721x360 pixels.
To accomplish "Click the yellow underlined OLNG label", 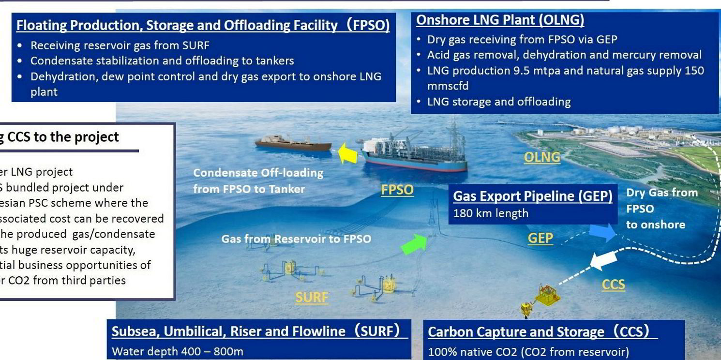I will click(x=542, y=157).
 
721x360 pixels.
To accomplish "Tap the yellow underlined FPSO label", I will click(x=397, y=190).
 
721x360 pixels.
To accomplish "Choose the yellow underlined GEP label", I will click(x=540, y=238).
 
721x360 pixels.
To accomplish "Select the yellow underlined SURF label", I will click(x=312, y=297).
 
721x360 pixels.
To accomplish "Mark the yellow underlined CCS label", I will click(x=613, y=285).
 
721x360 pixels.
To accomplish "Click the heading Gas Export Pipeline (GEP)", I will click(x=533, y=196).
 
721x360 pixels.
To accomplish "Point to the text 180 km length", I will click(x=491, y=213).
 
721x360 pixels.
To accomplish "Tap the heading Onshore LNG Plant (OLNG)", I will click(x=500, y=20).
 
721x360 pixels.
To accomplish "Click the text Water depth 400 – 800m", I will click(x=178, y=351).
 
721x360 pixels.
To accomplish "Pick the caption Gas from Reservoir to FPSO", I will click(x=296, y=239).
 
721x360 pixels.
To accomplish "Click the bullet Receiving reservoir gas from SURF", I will click(x=120, y=45).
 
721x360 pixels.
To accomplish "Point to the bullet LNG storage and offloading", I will click(x=499, y=102).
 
